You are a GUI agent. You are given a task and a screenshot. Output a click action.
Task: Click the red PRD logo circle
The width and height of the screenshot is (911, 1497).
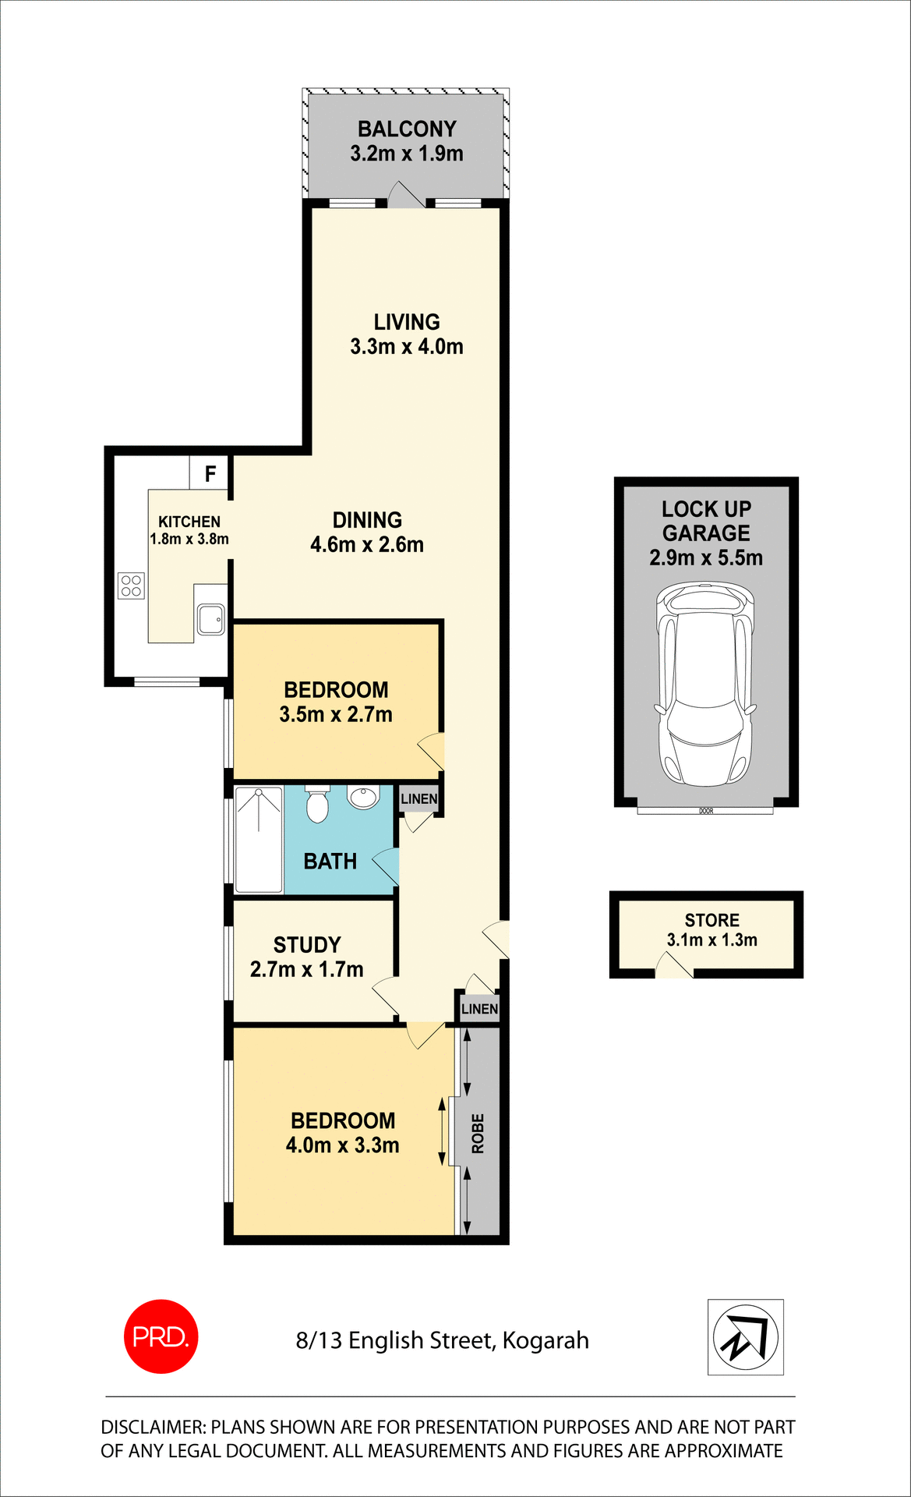(x=161, y=1336)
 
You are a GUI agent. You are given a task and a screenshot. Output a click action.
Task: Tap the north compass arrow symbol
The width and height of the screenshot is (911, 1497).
(x=745, y=1337)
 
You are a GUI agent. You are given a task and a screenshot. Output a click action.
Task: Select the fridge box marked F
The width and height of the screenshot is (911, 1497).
(x=210, y=473)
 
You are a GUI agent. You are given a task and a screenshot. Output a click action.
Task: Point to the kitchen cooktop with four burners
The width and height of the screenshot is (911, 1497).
(x=131, y=586)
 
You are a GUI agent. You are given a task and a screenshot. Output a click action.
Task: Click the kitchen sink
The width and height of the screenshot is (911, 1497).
(x=210, y=620)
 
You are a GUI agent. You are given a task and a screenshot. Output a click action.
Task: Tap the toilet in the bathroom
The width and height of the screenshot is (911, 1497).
(x=317, y=804)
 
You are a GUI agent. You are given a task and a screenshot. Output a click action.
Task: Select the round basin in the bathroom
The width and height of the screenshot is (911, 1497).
(x=362, y=797)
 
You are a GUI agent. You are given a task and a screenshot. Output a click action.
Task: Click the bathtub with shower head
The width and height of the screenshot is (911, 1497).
(x=259, y=840)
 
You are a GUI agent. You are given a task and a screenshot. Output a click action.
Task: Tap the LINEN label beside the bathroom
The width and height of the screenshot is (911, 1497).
(x=418, y=798)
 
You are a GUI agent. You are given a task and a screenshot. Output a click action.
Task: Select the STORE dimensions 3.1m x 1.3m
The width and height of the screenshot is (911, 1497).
(x=711, y=940)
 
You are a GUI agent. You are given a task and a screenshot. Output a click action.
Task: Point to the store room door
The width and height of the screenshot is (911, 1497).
(x=674, y=968)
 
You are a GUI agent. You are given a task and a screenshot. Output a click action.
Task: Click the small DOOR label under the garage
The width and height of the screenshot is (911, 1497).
(x=706, y=811)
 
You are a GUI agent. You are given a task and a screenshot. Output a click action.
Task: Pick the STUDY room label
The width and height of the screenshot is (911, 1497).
(x=307, y=945)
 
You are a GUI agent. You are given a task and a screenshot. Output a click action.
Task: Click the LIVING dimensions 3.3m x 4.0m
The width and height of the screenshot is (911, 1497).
(x=406, y=347)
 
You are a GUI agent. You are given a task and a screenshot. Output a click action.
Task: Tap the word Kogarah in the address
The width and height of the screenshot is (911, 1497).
(x=546, y=1340)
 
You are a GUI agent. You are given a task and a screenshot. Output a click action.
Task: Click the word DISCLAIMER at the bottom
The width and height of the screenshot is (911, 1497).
(x=153, y=1427)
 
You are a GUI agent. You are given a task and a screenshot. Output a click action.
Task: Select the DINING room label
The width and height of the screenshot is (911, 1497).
(x=367, y=520)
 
